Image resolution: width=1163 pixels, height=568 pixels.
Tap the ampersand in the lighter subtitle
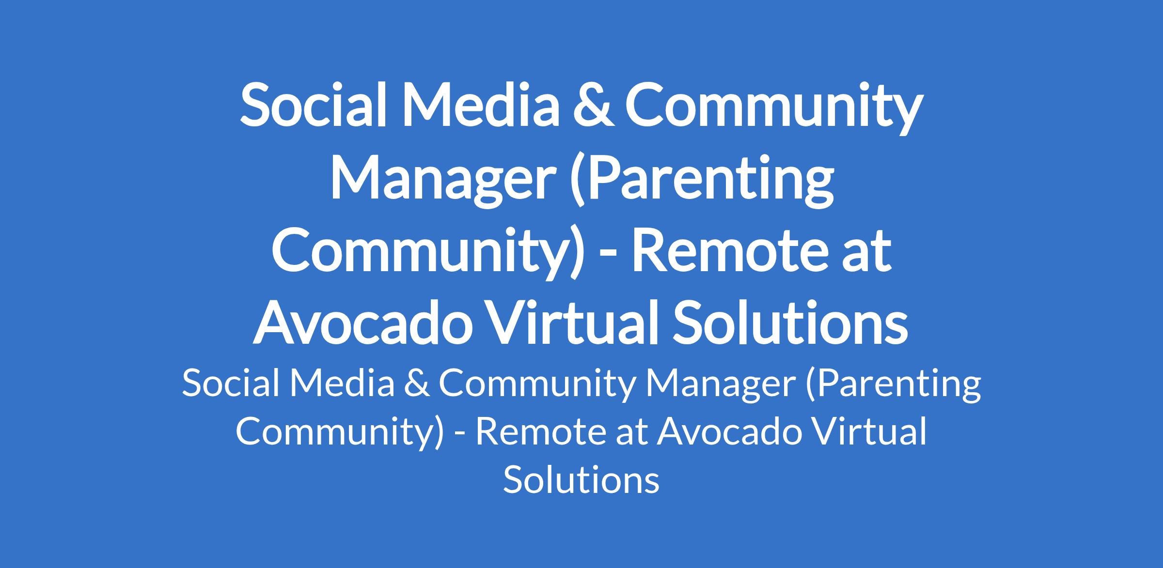pos(416,384)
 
